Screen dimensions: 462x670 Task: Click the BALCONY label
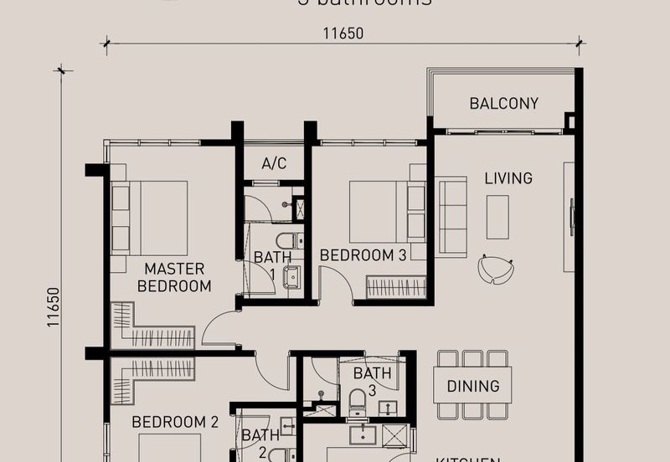pos(503,104)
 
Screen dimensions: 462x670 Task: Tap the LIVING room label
pos(508,178)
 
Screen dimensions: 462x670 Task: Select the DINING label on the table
pos(472,387)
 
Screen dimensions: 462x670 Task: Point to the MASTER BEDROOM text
pos(174,277)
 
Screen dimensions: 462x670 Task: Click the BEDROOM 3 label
pos(363,255)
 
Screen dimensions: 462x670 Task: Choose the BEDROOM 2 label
pos(175,423)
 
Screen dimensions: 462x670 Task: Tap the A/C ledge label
pos(274,164)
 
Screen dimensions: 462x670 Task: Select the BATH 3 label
pos(372,382)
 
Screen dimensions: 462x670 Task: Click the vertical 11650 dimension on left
pos(54,307)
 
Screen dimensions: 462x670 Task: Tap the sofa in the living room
pos(452,217)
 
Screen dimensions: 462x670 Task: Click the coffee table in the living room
pos(497,218)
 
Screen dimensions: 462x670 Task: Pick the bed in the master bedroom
pos(150,217)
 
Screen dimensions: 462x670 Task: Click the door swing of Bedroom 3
pos(336,285)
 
